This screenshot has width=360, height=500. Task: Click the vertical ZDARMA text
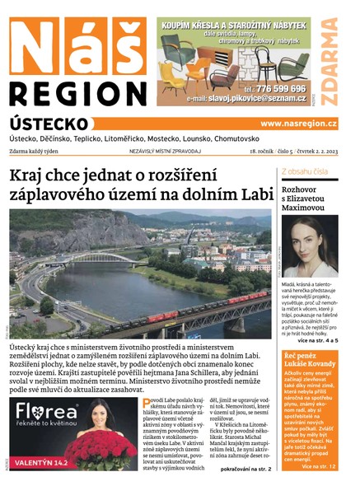click(330, 61)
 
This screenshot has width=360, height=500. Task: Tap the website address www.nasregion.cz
click(298, 124)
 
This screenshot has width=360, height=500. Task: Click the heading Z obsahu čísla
click(304, 171)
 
